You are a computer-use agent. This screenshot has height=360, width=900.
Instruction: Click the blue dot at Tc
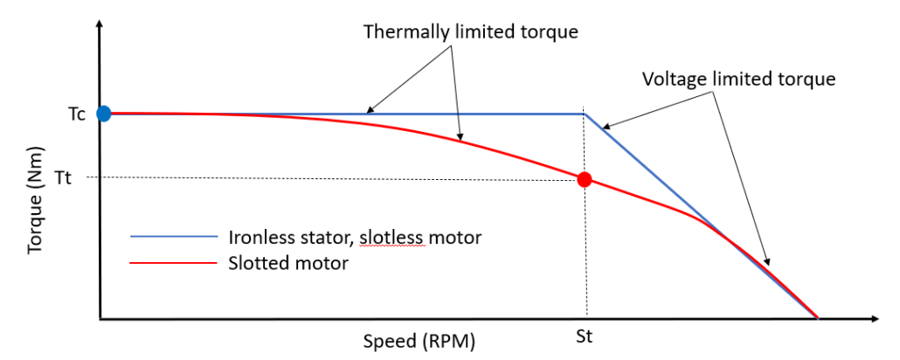click(x=104, y=113)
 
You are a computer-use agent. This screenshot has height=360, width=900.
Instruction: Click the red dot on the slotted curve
click(x=585, y=180)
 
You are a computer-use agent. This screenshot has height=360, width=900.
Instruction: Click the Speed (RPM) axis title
click(x=419, y=342)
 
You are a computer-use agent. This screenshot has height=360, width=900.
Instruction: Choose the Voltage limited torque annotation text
click(x=739, y=79)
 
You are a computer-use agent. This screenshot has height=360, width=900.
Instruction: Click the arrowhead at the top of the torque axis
click(x=101, y=26)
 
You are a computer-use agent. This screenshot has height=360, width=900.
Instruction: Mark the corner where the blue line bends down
click(x=584, y=114)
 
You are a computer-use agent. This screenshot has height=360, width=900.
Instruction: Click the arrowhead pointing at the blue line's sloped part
click(x=603, y=128)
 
